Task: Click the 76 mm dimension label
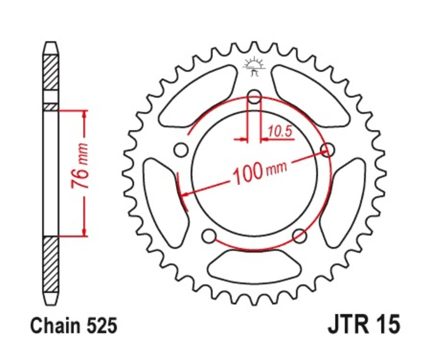coord(83,173)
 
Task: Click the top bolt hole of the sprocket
coord(254,98)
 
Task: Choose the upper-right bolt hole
coord(328,150)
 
